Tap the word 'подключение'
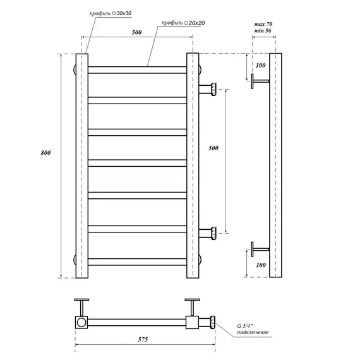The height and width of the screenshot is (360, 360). (254, 332)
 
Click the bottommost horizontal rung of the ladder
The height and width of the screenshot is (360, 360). (138, 260)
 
